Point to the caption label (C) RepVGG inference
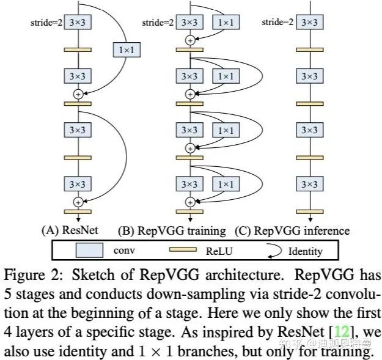pyautogui.click(x=301, y=231)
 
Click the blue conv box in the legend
pyautogui.click(x=89, y=251)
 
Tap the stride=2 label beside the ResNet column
pyautogui.click(x=46, y=23)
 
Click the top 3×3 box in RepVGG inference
pyautogui.click(x=310, y=23)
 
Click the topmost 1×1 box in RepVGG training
pyautogui.click(x=226, y=23)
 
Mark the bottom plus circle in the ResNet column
pyautogui.click(x=78, y=201)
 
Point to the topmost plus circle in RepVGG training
pyautogui.click(x=190, y=40)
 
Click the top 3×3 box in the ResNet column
pyautogui.click(x=78, y=23)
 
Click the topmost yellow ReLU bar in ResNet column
pyautogui.click(x=78, y=50)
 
